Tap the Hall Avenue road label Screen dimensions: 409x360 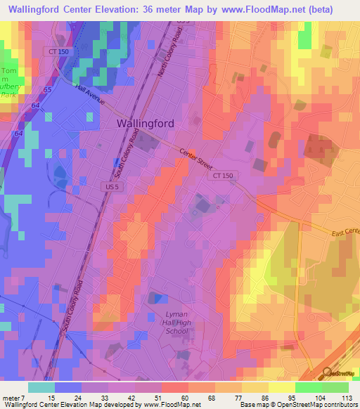89,95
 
